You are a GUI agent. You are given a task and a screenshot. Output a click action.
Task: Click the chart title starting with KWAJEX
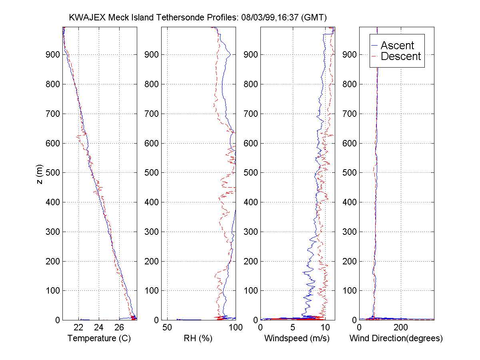[198, 18]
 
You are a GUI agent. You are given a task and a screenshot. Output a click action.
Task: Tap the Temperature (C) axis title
[99, 338]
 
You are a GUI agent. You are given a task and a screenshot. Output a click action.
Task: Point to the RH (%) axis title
[197, 338]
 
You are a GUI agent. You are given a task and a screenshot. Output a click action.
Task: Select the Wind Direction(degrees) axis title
[396, 338]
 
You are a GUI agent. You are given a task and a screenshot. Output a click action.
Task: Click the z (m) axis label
[39, 173]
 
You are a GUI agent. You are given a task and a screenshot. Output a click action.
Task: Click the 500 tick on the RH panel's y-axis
[151, 173]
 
